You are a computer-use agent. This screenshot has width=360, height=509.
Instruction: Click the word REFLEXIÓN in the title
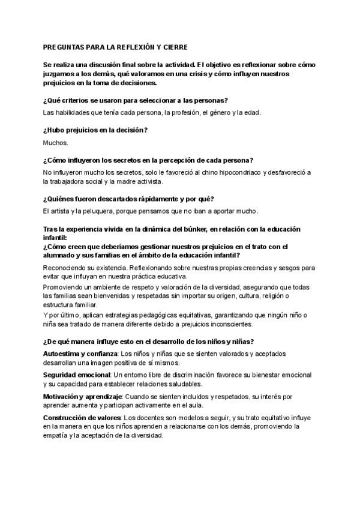(x=136, y=46)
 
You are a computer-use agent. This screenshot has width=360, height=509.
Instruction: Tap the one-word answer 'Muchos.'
(x=56, y=143)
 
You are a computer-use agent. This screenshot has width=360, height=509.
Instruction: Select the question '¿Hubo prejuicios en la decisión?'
(x=95, y=130)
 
